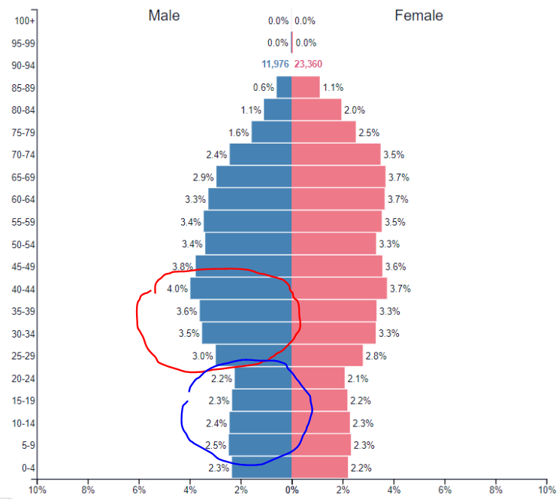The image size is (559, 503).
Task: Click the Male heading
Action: tap(164, 15)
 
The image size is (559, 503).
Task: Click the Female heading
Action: tap(418, 15)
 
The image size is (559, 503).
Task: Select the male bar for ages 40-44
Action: tap(240, 289)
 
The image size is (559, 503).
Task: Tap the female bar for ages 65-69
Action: tap(338, 177)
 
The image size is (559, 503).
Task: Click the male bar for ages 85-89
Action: tap(283, 87)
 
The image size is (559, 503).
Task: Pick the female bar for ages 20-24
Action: tap(318, 377)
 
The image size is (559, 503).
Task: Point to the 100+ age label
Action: tap(26, 20)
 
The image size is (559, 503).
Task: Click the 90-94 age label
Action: tap(25, 65)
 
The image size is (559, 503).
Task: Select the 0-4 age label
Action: tap(27, 467)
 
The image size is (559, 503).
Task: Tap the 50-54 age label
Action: tap(25, 244)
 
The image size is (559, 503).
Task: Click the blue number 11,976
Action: tap(275, 65)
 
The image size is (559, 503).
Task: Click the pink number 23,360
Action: tap(308, 65)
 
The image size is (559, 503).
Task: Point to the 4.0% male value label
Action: tap(177, 289)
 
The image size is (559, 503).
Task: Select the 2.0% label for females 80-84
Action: tap(353, 111)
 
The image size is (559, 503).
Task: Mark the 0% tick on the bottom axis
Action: tap(292, 491)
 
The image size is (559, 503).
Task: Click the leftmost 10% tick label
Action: tap(38, 491)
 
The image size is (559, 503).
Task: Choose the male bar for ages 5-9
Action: tap(260, 444)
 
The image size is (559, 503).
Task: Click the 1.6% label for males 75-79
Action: tap(238, 133)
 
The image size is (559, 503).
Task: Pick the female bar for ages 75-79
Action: tap(323, 132)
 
